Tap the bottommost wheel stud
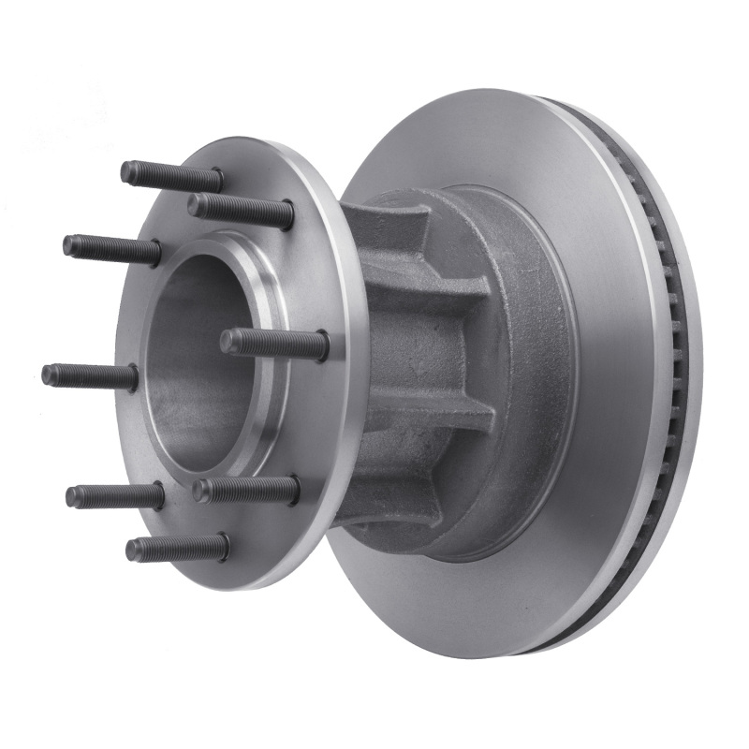point(178,548)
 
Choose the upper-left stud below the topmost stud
point(111,249)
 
